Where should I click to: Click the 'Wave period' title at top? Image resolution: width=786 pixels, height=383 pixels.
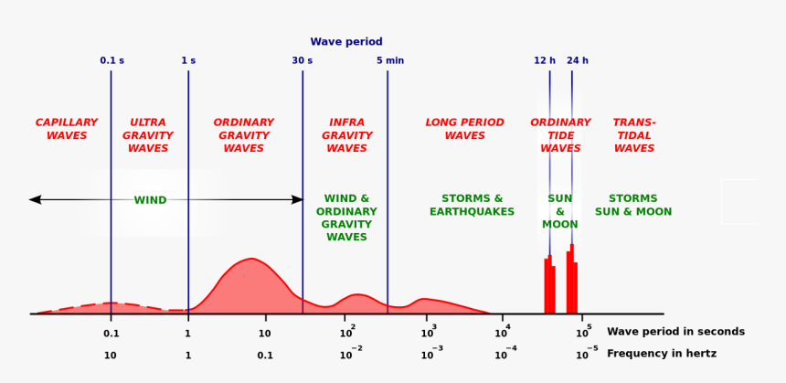(346, 42)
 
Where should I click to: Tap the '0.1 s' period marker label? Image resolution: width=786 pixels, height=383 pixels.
(112, 61)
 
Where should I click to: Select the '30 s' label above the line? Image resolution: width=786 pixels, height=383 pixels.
(302, 61)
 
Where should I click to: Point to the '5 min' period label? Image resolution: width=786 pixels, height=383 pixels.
(390, 61)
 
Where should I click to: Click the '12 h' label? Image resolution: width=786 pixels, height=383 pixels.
(545, 61)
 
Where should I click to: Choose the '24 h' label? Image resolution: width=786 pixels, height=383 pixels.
(578, 61)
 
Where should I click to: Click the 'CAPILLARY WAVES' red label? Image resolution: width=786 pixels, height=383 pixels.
(67, 129)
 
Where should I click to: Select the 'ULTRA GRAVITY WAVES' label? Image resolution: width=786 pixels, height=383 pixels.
(148, 135)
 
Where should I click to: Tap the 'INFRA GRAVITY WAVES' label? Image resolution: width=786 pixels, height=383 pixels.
(347, 135)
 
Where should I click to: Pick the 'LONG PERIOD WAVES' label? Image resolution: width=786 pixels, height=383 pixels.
(465, 129)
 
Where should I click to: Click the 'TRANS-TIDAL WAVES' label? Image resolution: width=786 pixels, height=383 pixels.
(634, 135)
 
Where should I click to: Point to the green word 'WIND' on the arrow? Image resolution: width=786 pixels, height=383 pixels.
(151, 200)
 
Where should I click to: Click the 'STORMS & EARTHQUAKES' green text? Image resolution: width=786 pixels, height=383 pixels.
(473, 206)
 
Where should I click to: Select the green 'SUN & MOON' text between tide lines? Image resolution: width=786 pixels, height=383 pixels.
(560, 211)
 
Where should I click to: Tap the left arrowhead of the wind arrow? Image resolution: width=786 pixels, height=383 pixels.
(35, 199)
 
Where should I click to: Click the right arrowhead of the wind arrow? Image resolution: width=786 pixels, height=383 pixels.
(297, 199)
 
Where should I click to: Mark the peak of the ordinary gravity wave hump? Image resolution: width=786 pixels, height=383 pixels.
(251, 260)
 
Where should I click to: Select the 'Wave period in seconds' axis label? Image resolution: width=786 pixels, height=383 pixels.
(675, 332)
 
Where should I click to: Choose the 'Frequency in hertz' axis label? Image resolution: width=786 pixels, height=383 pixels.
(662, 354)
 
